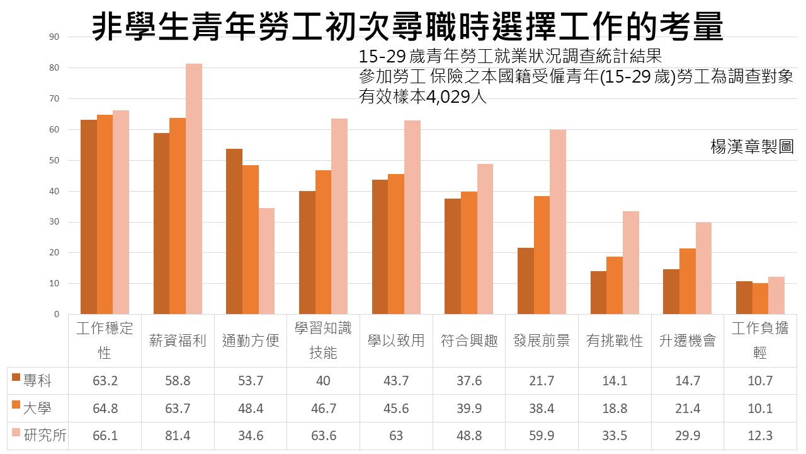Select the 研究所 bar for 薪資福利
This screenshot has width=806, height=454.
[193, 189]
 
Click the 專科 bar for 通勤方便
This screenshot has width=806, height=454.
[234, 231]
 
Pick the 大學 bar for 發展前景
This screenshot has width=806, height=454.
[542, 255]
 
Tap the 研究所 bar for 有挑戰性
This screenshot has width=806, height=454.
[631, 262]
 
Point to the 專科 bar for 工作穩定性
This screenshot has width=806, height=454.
[89, 217]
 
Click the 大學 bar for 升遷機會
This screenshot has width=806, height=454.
[688, 281]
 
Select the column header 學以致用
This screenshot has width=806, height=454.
[396, 341]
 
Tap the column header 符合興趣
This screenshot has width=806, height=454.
[469, 341]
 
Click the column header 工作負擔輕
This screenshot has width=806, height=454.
[760, 340]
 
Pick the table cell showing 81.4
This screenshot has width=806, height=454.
[178, 436]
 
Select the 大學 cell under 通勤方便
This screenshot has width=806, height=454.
[251, 409]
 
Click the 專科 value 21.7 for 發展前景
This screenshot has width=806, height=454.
[542, 381]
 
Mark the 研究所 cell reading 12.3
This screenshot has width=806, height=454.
[760, 436]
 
